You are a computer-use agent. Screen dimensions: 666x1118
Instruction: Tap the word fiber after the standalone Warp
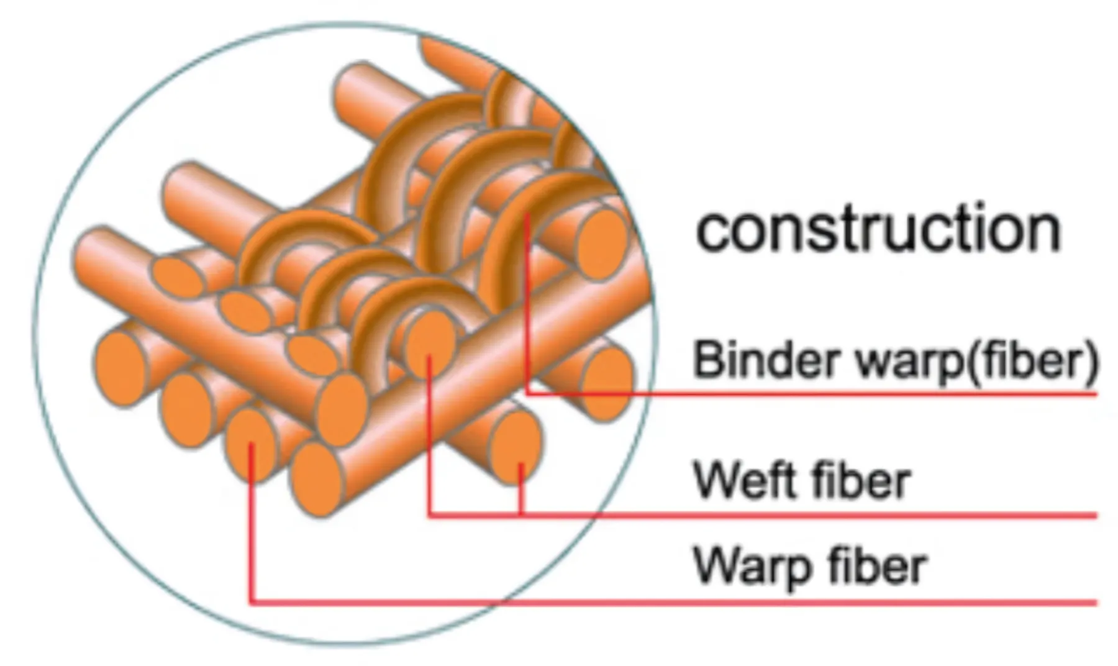click(x=877, y=567)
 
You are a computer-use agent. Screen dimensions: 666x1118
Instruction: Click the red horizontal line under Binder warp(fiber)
click(x=807, y=393)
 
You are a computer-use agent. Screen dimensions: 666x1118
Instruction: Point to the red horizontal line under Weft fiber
click(x=807, y=516)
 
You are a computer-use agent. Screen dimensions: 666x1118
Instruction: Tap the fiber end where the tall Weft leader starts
click(x=429, y=345)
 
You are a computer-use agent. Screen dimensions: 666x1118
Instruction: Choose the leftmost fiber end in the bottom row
click(x=119, y=368)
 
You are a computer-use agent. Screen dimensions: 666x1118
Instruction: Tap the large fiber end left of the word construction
click(x=601, y=244)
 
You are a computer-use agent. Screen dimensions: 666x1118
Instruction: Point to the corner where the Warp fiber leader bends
click(x=251, y=601)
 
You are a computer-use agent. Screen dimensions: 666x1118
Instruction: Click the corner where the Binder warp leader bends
click(x=527, y=393)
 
